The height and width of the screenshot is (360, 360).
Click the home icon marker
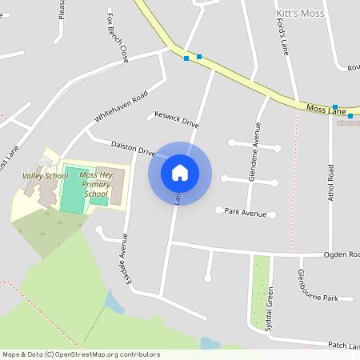coord(180,173)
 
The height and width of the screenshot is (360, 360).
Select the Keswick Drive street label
coord(176,119)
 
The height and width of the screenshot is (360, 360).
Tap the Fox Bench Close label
coord(117,38)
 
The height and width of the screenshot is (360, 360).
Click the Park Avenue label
coord(245,213)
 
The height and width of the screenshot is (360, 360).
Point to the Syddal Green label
coord(270,309)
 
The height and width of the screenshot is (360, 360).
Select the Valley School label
coord(45,176)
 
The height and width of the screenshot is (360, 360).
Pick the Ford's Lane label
coord(282,37)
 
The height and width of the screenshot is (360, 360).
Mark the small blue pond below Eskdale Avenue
coord(114,302)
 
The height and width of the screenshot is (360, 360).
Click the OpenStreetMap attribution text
coord(81,354)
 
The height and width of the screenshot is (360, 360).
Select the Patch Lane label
coord(343,346)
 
